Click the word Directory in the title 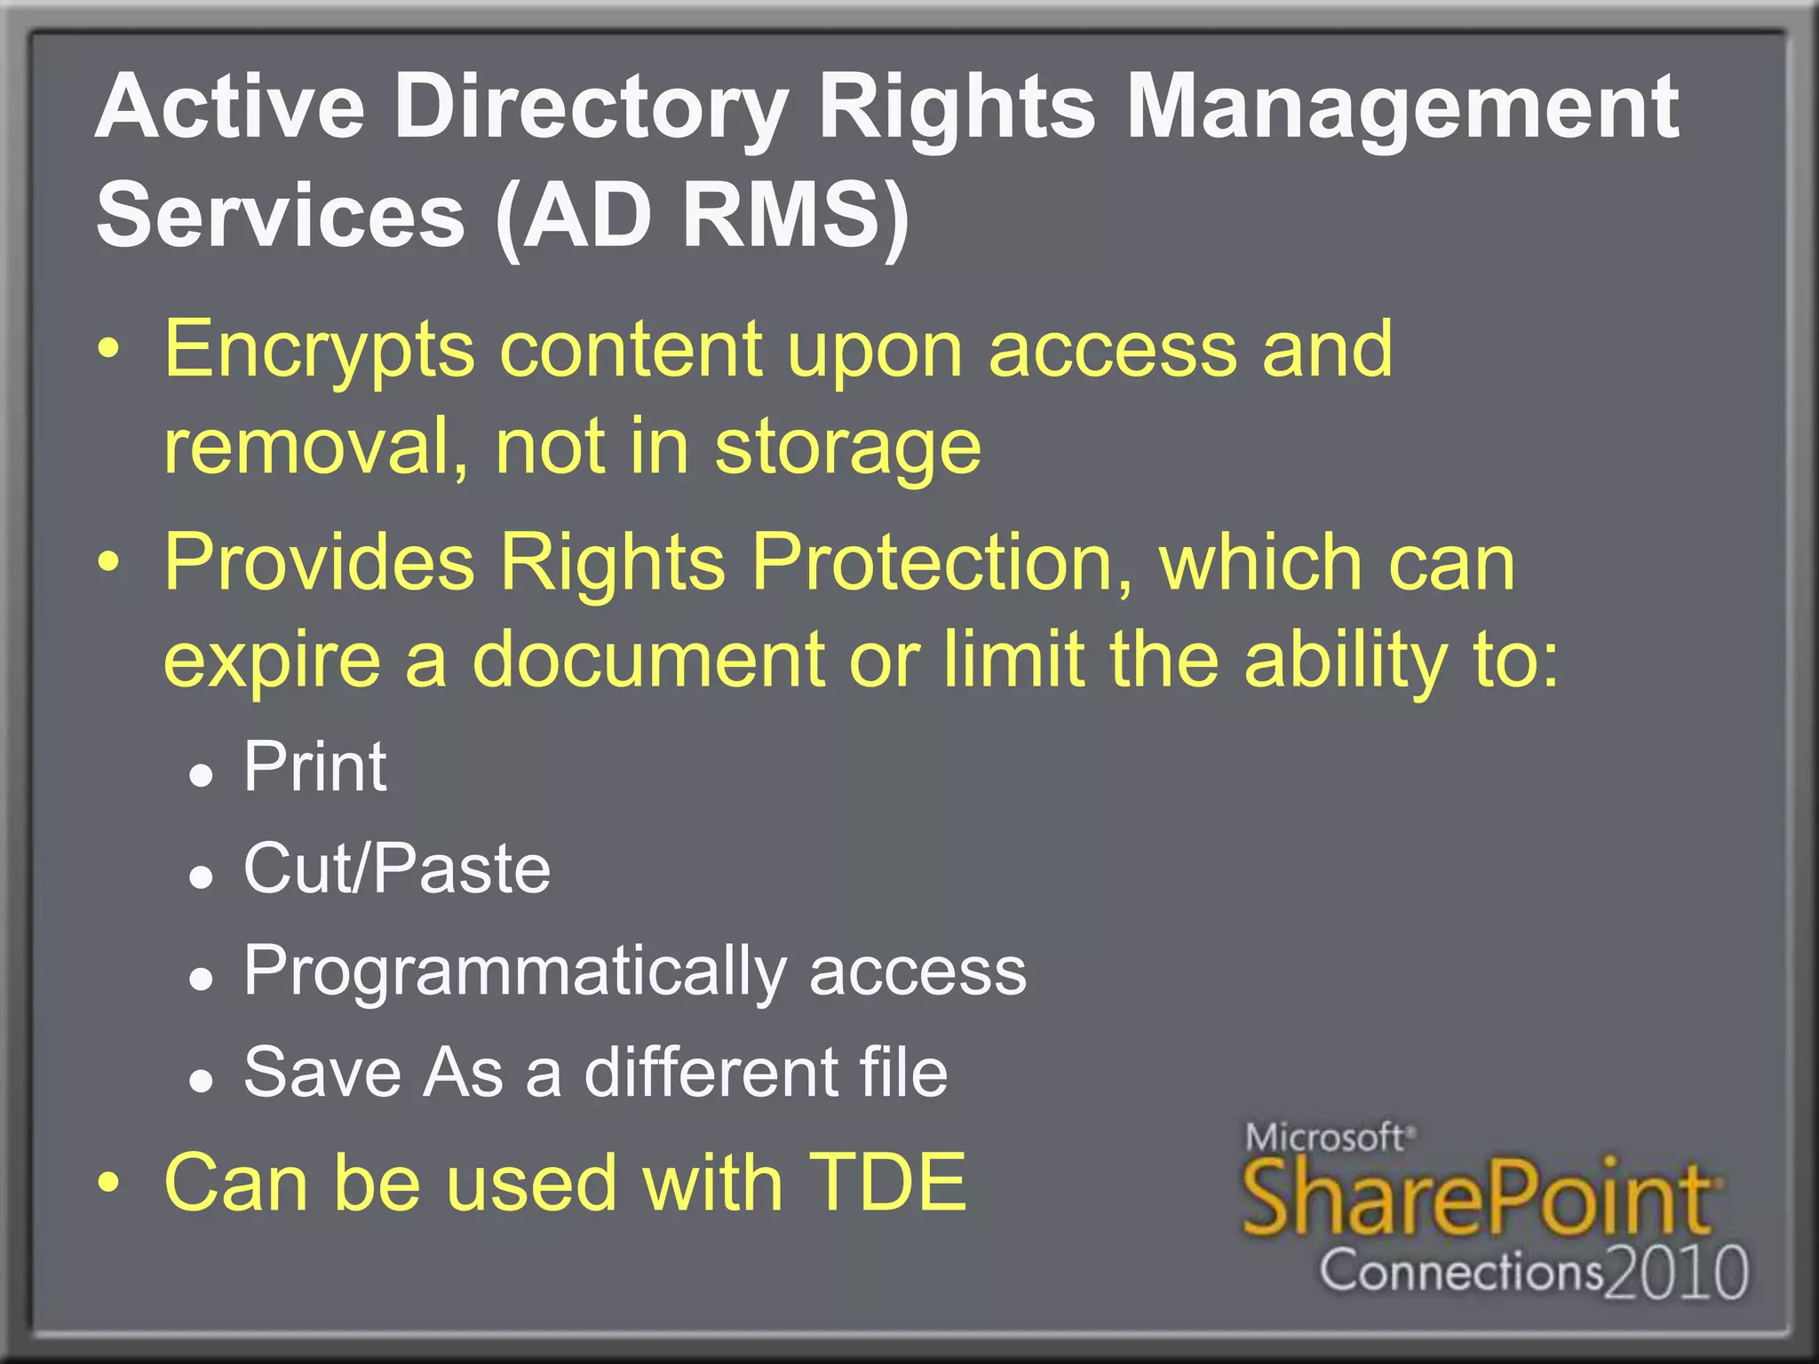pos(591,108)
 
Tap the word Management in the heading pos(1402,108)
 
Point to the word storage pos(848,447)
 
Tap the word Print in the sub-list pos(315,766)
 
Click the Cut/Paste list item pos(397,868)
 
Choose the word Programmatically pos(514,971)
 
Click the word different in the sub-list pos(710,1073)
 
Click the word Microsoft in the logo pos(1324,1138)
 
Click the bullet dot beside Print pos(202,775)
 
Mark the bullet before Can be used pos(107,1184)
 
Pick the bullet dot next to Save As pos(202,1081)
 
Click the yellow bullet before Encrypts pos(107,351)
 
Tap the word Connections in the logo pos(1461,1271)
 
